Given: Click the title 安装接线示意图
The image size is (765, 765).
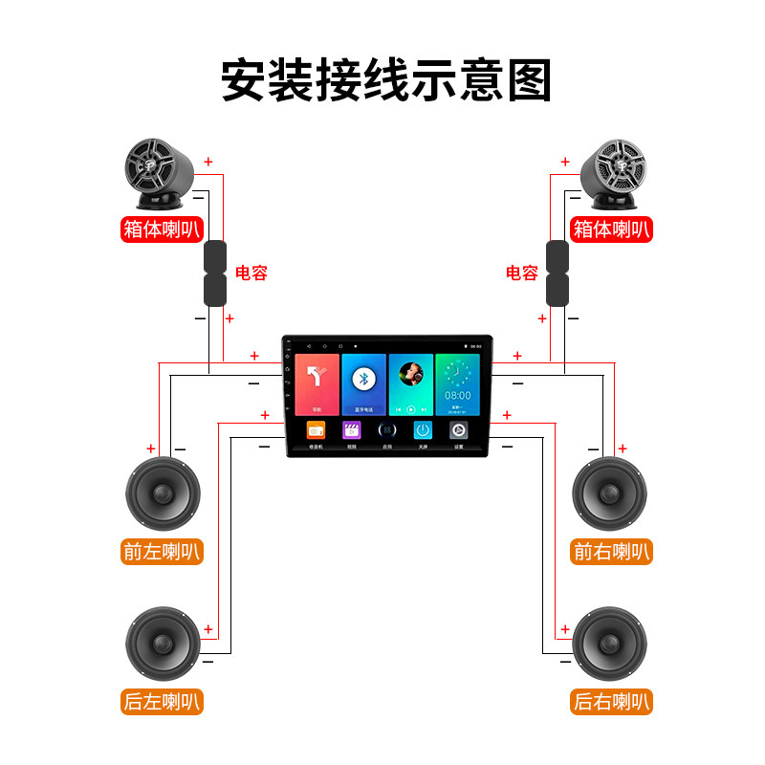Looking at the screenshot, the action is [x=386, y=80].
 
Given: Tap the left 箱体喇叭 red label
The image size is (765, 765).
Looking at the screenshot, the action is [x=163, y=229].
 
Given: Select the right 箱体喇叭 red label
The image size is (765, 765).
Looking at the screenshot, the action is [x=611, y=229].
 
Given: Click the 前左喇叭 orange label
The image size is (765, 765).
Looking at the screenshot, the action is [x=163, y=552].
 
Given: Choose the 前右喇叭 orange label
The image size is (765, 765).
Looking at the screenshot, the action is [x=611, y=552].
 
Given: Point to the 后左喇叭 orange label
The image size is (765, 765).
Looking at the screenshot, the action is [x=163, y=701].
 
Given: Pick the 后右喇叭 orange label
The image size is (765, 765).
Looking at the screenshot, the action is [x=611, y=701].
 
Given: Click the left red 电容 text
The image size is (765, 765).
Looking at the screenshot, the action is [x=251, y=273].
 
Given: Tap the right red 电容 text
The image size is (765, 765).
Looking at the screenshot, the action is [x=522, y=273].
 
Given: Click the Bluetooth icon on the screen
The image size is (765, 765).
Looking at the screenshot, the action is [x=363, y=379].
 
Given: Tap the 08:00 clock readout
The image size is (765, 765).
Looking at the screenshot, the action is [x=457, y=394].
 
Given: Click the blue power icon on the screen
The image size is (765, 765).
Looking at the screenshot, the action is [x=423, y=430].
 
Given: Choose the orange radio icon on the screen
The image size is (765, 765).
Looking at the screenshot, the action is [x=316, y=430].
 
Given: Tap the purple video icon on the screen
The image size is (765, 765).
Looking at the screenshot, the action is [x=352, y=430].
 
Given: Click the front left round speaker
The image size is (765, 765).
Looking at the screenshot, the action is [x=163, y=495].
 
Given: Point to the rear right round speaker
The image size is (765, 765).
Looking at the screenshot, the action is [x=609, y=644].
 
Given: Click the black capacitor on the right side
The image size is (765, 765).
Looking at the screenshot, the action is [x=557, y=273].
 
